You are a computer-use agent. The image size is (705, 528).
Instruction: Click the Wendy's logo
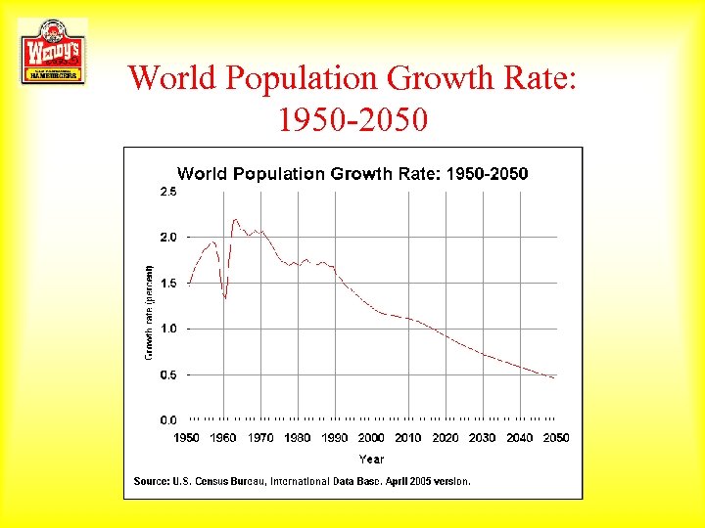(52, 51)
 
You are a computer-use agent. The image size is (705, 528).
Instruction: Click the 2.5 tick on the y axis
(168, 193)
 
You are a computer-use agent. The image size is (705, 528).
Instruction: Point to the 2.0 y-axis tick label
(168, 238)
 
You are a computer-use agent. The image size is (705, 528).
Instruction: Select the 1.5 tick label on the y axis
(168, 284)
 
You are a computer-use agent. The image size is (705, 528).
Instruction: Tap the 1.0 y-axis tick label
(168, 329)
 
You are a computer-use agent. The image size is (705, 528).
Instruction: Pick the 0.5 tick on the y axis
(168, 374)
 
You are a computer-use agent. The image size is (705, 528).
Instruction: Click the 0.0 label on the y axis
(168, 419)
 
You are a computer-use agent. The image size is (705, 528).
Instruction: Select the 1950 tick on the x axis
(187, 438)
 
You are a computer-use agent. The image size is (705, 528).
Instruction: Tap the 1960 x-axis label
(224, 438)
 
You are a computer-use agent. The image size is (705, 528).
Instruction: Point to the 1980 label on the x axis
(298, 438)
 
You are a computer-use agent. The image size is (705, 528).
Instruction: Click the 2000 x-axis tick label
(371, 438)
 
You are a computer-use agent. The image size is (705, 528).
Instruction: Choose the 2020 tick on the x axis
(446, 438)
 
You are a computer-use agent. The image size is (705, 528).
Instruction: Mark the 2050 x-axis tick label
(556, 438)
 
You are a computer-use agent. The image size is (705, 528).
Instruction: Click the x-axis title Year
(371, 459)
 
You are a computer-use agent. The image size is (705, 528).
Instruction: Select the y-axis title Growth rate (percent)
(149, 312)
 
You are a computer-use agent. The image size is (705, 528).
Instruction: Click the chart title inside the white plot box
(352, 174)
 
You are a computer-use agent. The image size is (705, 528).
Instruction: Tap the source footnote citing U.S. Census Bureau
(302, 481)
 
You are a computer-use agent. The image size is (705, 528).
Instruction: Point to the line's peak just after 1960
(235, 219)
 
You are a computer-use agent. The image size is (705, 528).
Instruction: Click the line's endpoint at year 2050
(555, 377)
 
